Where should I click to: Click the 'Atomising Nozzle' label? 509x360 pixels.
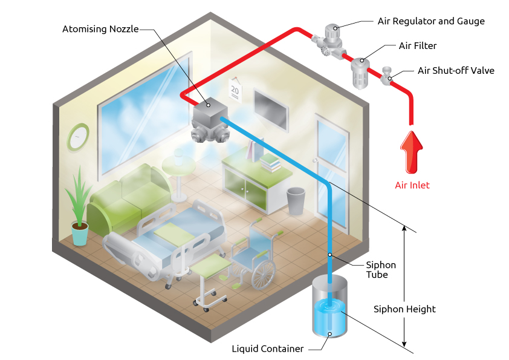click(x=100, y=28)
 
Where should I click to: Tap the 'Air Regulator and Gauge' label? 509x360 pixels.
click(x=431, y=21)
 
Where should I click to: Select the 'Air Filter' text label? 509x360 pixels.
click(x=417, y=45)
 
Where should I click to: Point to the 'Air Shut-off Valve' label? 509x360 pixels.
click(x=456, y=71)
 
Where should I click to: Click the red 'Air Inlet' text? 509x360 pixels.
click(x=412, y=185)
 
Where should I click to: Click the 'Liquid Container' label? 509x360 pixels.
click(x=267, y=349)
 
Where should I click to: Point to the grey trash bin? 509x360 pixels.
click(x=296, y=200)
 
